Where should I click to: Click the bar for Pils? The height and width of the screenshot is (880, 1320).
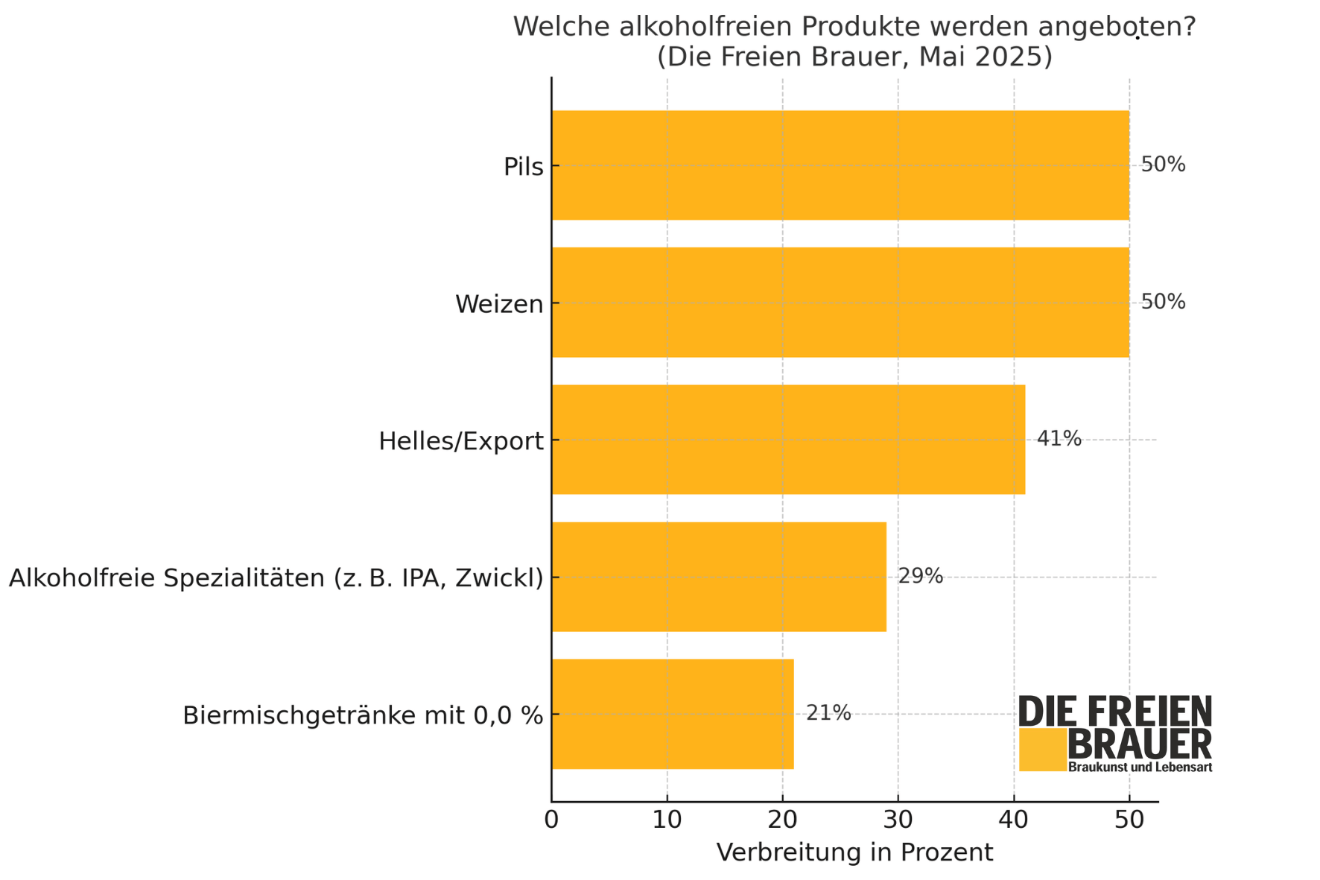click(840, 165)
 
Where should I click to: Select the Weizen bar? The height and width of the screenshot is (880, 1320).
click(840, 303)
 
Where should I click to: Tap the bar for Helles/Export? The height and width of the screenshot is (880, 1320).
click(788, 440)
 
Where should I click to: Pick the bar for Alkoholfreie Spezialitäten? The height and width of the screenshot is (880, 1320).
click(719, 577)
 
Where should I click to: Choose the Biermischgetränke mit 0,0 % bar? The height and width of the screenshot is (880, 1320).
click(673, 714)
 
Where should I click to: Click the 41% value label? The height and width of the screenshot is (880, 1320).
click(1059, 439)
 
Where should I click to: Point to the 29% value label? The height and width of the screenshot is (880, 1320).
click(920, 576)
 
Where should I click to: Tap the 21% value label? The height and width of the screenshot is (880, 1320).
click(828, 713)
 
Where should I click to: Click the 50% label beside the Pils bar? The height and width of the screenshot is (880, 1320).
click(1163, 165)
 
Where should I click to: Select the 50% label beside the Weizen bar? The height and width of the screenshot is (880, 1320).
click(1163, 302)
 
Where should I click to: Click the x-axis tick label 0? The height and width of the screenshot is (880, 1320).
click(551, 820)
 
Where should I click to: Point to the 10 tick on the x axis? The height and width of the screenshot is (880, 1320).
click(667, 820)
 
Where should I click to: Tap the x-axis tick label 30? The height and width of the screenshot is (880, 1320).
click(898, 820)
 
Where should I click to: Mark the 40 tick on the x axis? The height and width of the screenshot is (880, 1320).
click(1013, 820)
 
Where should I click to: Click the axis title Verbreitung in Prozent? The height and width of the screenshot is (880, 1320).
click(854, 852)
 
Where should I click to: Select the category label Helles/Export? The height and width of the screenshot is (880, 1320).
click(460, 441)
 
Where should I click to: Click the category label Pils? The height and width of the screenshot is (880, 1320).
click(523, 167)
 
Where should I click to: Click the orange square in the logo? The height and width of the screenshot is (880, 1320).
click(1042, 750)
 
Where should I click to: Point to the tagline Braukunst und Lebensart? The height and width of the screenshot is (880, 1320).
click(1140, 767)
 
